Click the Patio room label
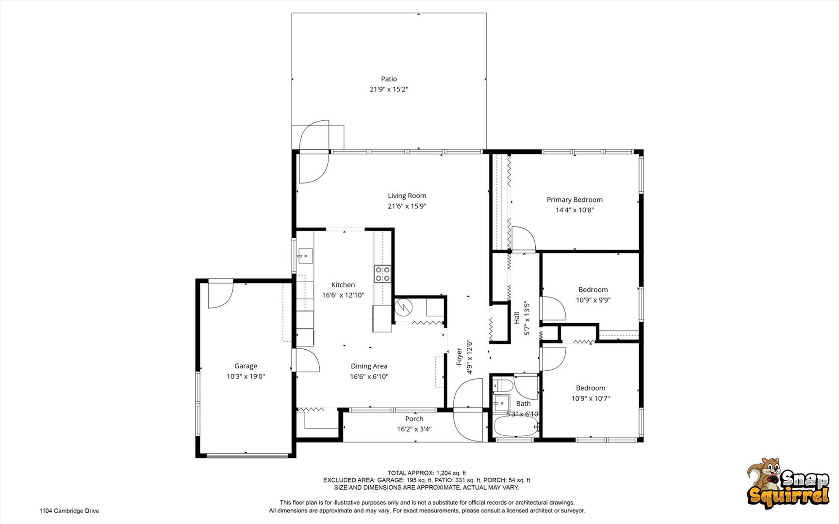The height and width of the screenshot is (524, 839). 389,79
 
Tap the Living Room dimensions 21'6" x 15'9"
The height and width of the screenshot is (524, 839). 407,206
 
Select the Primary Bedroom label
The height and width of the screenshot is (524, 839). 575,200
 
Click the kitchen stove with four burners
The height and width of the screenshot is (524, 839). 382,274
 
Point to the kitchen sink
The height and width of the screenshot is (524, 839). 305,255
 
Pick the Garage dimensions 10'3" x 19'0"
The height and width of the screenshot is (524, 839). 246,377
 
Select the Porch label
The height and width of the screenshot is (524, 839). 414,419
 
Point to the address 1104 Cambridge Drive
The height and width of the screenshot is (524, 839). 69,511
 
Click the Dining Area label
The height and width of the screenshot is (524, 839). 369,366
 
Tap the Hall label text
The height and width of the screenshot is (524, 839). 516,318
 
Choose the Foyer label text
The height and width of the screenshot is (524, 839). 459,357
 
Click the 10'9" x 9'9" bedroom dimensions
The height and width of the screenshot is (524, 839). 593,300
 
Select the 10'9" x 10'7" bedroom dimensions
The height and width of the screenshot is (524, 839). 591,399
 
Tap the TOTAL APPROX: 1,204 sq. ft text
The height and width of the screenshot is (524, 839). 427,473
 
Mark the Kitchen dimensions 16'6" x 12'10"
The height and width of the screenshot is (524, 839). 343,295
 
